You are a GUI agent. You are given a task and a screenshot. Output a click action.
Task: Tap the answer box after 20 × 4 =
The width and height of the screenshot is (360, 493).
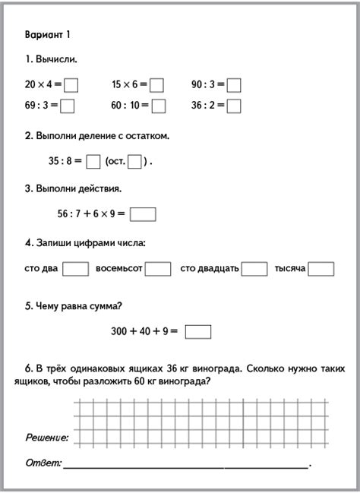point(72,85)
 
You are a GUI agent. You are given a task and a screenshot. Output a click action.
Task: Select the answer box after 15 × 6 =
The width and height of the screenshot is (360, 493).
point(156,85)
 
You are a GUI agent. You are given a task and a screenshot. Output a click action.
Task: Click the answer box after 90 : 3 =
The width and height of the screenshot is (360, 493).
point(234,85)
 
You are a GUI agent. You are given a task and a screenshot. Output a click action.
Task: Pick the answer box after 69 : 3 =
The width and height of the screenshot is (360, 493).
point(67,106)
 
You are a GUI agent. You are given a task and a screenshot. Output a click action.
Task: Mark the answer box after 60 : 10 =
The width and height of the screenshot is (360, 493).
point(158,106)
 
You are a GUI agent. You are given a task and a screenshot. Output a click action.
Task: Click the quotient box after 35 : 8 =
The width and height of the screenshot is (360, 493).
point(93,161)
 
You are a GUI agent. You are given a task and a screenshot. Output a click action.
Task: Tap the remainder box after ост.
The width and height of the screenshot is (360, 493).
point(134,161)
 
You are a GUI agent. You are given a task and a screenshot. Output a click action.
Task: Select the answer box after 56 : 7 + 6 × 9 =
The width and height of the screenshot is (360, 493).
point(143,214)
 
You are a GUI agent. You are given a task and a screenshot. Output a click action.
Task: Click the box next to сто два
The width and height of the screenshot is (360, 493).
point(75,268)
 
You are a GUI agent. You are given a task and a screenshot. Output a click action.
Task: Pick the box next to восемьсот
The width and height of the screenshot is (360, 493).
point(158,268)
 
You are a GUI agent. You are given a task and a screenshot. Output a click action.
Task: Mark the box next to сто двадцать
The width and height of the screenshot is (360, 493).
point(254,268)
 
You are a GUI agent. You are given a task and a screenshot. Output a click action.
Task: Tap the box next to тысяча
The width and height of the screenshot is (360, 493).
point(322,268)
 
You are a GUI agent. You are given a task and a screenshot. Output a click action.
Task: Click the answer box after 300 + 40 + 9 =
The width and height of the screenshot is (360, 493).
point(198,331)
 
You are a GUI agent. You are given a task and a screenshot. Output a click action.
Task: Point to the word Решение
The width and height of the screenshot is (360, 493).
point(46,438)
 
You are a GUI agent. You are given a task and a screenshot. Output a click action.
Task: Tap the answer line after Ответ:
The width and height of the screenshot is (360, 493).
point(186,464)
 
